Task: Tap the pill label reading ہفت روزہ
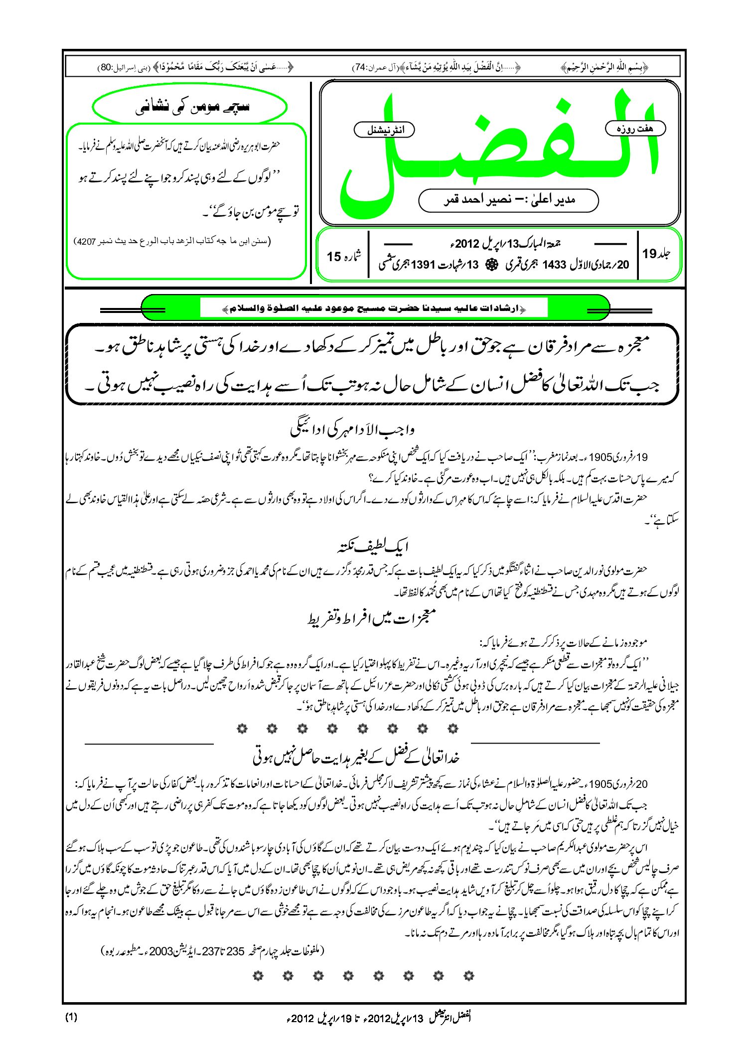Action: [635, 129]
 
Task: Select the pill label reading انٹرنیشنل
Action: [384, 130]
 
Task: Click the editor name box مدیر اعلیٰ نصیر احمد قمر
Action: [508, 200]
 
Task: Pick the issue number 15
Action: [334, 257]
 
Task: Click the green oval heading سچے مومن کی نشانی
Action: [190, 107]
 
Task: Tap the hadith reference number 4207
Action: [86, 242]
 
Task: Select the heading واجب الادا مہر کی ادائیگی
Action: [352, 430]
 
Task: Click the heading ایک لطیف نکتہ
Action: [372, 547]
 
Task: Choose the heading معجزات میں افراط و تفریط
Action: [372, 618]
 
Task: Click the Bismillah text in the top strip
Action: [604, 67]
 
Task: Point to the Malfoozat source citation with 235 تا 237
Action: [213, 951]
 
